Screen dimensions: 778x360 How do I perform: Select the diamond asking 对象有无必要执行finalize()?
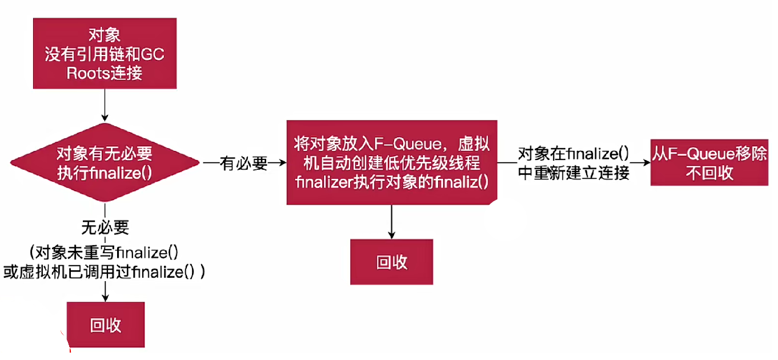pyautogui.click(x=105, y=162)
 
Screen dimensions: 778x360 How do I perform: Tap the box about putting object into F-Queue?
pyautogui.click(x=391, y=162)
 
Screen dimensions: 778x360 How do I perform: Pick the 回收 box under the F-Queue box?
pyautogui.click(x=391, y=262)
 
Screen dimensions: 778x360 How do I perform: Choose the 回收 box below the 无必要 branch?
pyautogui.click(x=106, y=325)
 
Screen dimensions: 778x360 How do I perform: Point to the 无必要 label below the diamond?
pyautogui.click(x=105, y=227)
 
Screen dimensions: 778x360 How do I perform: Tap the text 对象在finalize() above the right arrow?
pyautogui.click(x=573, y=154)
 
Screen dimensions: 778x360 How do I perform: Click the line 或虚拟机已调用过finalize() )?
pyautogui.click(x=105, y=273)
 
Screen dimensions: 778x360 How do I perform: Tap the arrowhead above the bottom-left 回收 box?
pyautogui.click(x=105, y=297)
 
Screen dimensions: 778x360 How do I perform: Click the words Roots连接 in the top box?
pyautogui.click(x=105, y=73)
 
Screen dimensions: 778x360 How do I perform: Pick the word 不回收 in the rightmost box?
pyautogui.click(x=710, y=174)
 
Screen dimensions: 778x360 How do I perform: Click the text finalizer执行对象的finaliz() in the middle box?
pyautogui.click(x=391, y=182)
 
